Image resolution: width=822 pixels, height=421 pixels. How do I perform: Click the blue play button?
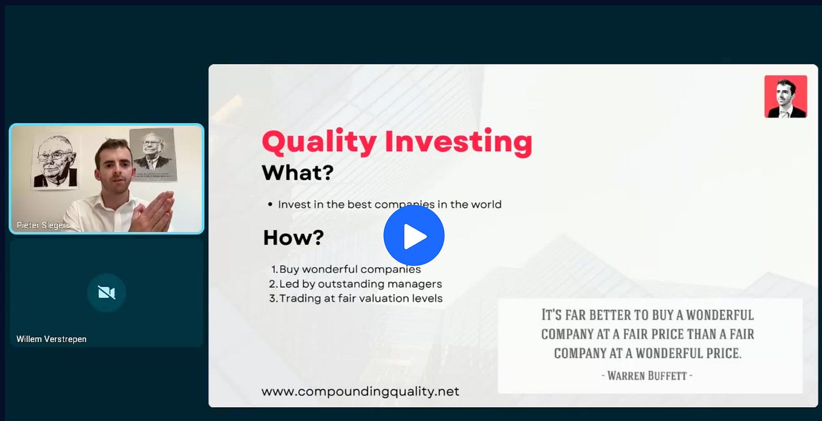[414, 236]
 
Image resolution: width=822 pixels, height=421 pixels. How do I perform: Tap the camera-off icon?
[106, 293]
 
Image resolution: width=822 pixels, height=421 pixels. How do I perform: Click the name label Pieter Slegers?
[43, 225]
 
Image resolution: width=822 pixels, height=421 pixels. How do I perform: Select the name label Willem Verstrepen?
[51, 338]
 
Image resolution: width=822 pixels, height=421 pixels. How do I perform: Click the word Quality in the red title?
[319, 142]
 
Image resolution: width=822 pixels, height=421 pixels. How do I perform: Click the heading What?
[298, 172]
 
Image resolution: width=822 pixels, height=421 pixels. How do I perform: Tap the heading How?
[294, 237]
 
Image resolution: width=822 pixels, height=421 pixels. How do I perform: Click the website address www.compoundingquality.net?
[360, 391]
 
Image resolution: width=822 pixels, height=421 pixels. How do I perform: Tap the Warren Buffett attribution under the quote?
[647, 375]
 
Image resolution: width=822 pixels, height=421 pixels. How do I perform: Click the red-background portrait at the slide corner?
[786, 97]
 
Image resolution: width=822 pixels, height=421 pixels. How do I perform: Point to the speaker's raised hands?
[154, 212]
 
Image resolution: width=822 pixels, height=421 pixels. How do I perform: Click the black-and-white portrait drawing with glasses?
[56, 162]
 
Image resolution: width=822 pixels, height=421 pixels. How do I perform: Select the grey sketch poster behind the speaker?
[153, 154]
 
